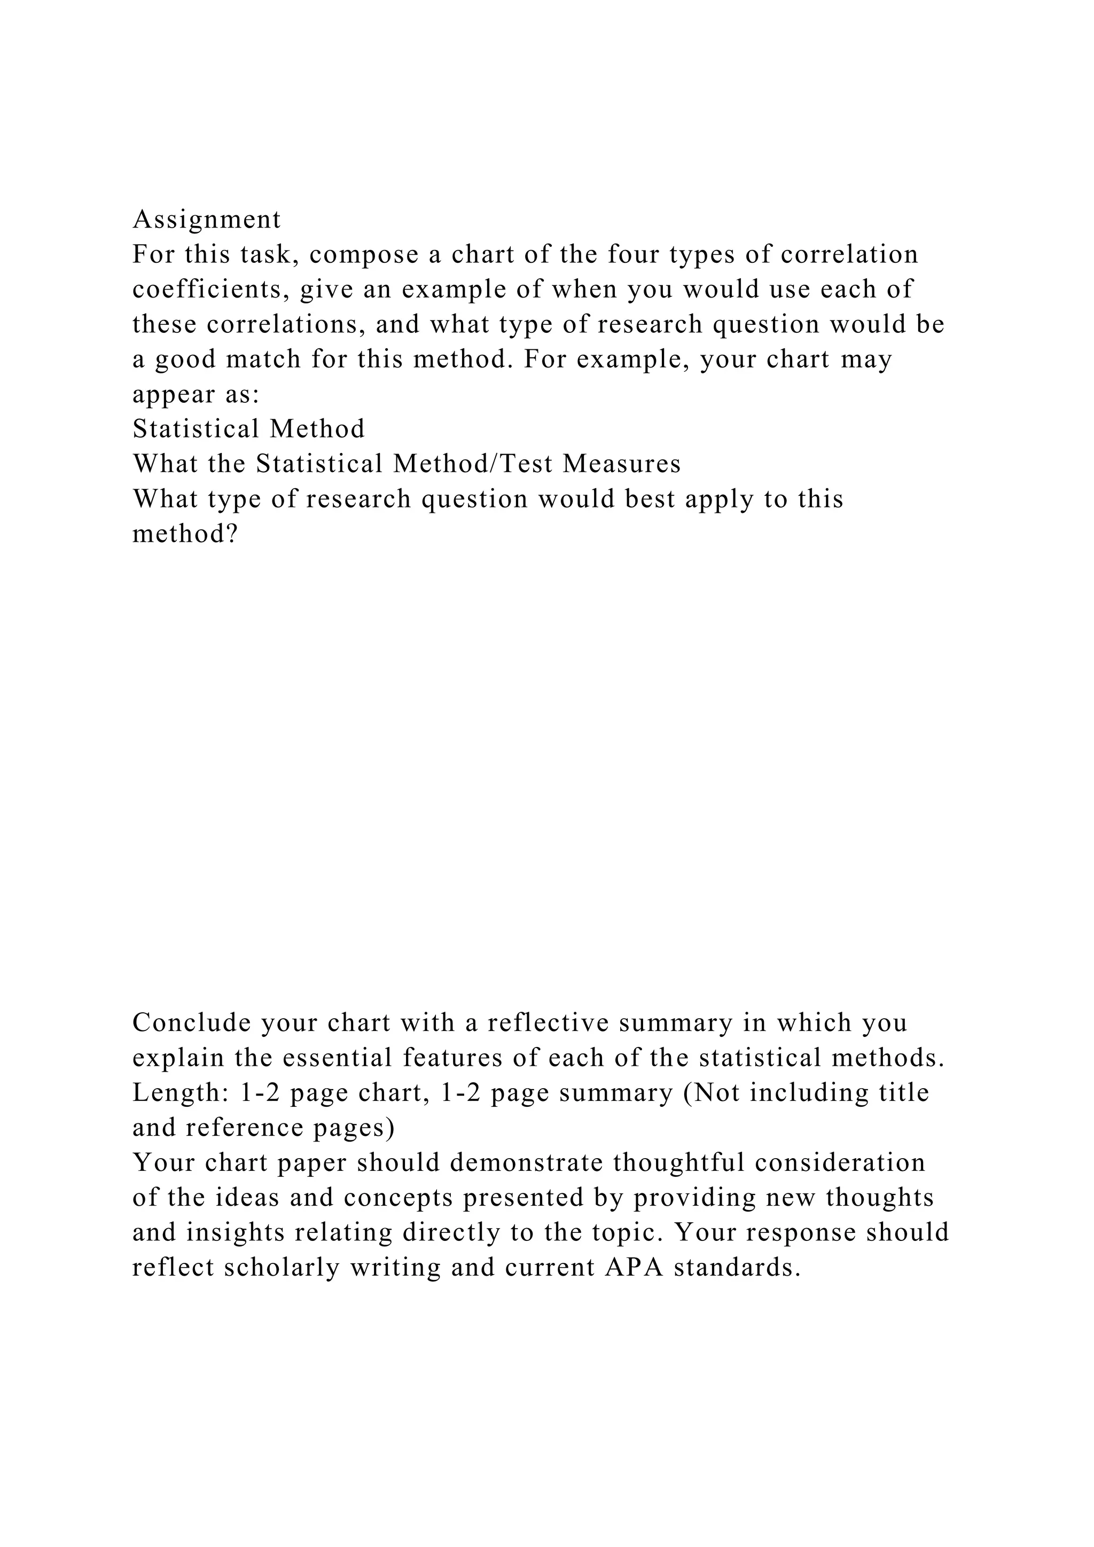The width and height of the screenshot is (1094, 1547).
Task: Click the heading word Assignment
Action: click(207, 220)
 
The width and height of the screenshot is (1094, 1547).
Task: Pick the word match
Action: click(263, 360)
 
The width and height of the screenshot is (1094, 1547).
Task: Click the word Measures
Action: click(622, 464)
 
